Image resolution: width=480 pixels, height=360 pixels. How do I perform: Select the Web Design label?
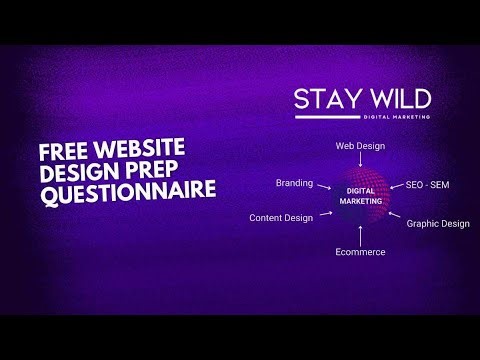360,145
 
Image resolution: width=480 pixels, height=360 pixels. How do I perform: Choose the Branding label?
294,184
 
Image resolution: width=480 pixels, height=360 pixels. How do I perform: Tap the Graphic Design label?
437,223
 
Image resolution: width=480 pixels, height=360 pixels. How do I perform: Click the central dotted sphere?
360,195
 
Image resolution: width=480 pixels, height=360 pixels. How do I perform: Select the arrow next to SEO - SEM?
394,186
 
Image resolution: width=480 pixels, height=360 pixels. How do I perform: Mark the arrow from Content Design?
324,212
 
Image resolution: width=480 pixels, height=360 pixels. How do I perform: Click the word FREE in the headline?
61,153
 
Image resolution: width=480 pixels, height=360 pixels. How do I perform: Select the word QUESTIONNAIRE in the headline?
128,190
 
